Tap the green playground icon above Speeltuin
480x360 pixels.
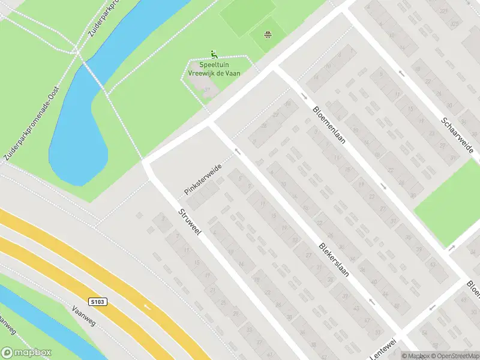pyautogui.click(x=214, y=54)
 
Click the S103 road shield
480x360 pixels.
pyautogui.click(x=100, y=301)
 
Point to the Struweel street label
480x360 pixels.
pyautogui.click(x=190, y=223)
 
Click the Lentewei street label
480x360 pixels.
pyautogui.click(x=382, y=350)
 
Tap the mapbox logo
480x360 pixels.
pyautogui.click(x=26, y=353)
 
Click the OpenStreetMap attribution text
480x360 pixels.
pyautogui.click(x=454, y=356)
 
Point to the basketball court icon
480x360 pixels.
pyautogui.click(x=267, y=34)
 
